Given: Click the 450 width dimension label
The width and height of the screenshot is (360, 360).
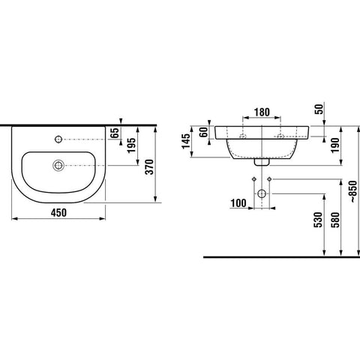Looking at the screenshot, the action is click(59, 213).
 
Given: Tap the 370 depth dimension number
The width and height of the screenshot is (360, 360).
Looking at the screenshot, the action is click(150, 166).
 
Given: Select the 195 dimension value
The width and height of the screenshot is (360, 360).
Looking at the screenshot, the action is click(132, 145).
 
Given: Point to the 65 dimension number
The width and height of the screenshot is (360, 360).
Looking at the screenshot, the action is click(115, 133).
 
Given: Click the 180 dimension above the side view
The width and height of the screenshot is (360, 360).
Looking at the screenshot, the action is click(262, 112).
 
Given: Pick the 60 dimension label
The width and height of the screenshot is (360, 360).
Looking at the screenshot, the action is click(204, 132).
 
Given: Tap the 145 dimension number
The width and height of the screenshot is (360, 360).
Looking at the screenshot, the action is click(186, 142).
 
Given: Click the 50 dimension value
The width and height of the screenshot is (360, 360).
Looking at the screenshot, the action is click(319, 109).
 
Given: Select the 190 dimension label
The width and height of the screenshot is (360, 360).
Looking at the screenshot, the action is click(335, 145).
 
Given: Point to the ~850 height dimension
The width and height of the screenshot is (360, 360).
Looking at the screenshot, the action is click(353, 191).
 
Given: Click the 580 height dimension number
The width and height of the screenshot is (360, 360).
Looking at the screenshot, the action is click(335, 220).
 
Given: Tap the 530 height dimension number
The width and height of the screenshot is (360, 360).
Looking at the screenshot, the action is click(319, 220).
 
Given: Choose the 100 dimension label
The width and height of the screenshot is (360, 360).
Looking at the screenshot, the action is click(238, 203).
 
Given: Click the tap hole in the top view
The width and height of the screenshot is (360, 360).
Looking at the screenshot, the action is click(58, 139).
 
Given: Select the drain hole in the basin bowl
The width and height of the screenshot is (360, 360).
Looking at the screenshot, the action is click(58, 165).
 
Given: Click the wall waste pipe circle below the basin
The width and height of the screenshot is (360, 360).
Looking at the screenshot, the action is click(262, 193).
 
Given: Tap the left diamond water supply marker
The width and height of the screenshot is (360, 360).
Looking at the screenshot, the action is click(253, 178).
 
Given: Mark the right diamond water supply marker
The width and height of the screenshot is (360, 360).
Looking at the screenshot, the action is click(269, 178).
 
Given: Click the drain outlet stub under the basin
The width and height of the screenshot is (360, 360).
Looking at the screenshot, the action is click(262, 162).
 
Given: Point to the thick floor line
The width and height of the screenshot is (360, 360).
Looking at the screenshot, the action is click(281, 257).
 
